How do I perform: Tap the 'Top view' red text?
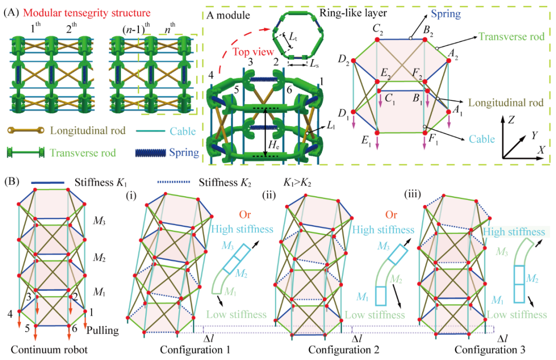point(251,52)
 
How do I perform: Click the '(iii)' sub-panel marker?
point(412,196)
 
